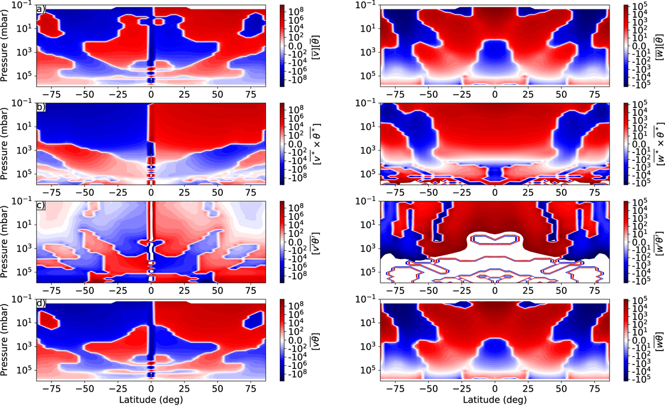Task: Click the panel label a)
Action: click(x=40, y=9)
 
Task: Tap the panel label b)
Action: click(x=40, y=107)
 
